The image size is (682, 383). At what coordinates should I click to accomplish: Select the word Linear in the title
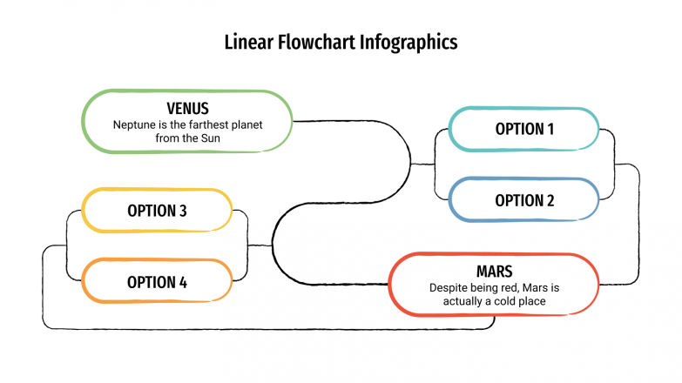tap(249, 42)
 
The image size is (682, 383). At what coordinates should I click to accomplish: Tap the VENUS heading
tap(187, 109)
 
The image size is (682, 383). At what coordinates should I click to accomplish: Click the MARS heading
tap(494, 271)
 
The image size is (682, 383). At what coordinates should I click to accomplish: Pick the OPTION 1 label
tap(524, 129)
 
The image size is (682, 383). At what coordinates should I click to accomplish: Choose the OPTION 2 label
tap(524, 200)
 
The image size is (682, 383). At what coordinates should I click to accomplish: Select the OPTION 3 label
tap(157, 211)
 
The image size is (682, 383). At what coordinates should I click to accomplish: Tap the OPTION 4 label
tap(157, 282)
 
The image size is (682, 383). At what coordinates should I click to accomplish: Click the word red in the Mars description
tap(510, 287)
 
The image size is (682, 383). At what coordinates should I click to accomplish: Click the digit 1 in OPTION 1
tap(550, 129)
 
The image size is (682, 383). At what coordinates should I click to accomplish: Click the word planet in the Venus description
tap(246, 124)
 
